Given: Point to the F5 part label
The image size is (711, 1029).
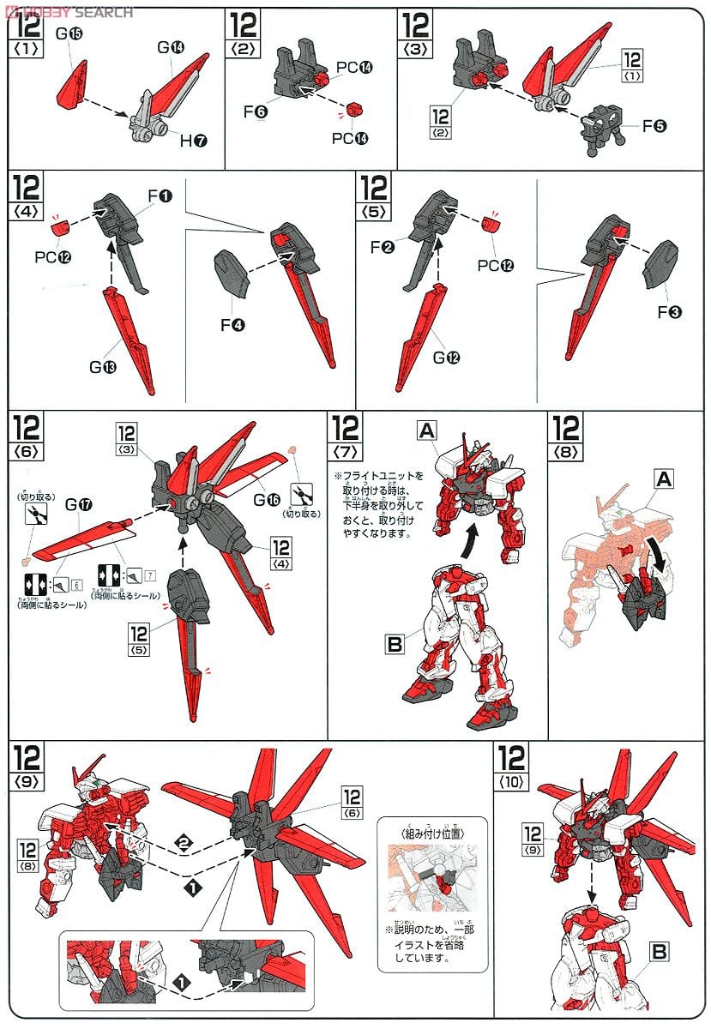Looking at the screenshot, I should click(654, 126).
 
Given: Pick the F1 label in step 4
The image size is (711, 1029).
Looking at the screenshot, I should click(160, 196).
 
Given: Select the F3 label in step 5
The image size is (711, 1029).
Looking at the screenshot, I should click(670, 312).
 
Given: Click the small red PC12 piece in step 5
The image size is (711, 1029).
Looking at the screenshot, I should click(490, 225).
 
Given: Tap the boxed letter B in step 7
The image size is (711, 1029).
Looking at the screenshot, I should click(394, 643).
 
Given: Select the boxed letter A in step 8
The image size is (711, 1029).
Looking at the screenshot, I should click(662, 480).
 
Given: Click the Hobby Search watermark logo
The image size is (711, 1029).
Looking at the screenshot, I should click(69, 11).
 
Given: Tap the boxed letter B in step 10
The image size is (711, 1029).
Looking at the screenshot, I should click(660, 951).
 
